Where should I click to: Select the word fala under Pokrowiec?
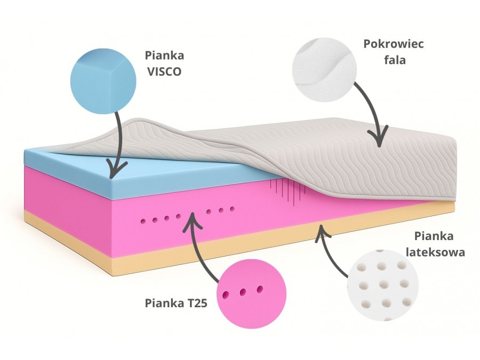pyautogui.click(x=395, y=60)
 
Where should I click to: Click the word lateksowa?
pyautogui.click(x=435, y=251)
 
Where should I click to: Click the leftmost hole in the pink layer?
pyautogui.click(x=142, y=220)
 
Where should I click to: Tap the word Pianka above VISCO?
pyautogui.click(x=163, y=55)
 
